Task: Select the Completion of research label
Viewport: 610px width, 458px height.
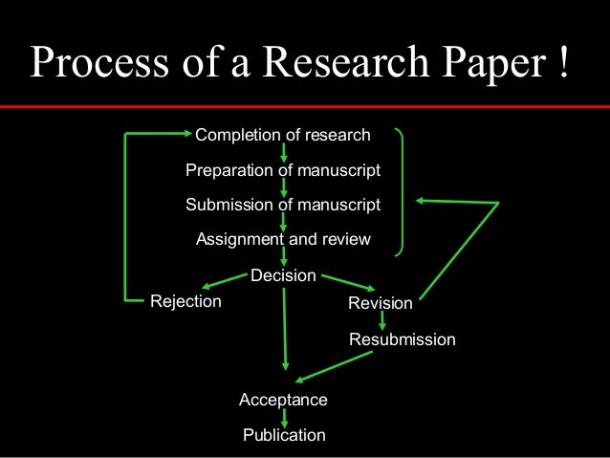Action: pos(282,135)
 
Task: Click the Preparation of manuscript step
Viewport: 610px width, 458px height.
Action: pos(282,170)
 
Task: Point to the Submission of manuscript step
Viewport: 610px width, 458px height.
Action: pos(282,205)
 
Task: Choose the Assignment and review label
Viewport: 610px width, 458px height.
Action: pos(282,240)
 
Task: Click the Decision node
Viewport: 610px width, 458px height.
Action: pos(283,275)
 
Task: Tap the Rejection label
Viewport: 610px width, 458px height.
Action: pos(185,302)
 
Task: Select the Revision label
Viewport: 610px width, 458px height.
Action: pos(381,304)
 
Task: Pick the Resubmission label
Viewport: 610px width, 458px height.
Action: pos(403,339)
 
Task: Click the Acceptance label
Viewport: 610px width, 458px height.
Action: pos(283,400)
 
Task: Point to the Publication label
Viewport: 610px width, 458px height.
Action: pos(284,436)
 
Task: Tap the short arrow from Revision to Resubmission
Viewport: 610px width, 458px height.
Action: pos(382,322)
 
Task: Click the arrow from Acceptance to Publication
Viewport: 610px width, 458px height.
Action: pos(284,418)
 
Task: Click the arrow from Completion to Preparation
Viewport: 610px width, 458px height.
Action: pos(284,153)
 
